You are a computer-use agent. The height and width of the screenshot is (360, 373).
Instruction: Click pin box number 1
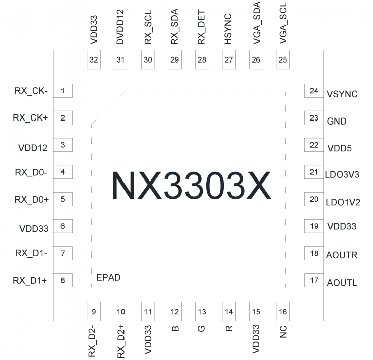(x=63, y=91)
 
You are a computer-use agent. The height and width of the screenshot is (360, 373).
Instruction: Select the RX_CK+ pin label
(x=31, y=118)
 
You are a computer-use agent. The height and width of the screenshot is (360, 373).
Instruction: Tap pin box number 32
(x=94, y=60)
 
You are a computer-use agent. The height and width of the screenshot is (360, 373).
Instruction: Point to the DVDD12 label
(x=120, y=28)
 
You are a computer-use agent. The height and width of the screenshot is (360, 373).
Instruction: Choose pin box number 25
(x=283, y=60)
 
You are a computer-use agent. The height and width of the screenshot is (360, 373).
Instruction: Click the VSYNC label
(x=342, y=94)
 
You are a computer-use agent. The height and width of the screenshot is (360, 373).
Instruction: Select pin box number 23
(x=314, y=118)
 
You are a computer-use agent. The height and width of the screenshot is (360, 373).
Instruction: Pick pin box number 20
(x=314, y=199)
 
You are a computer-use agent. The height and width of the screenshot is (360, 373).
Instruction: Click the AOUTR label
(x=342, y=255)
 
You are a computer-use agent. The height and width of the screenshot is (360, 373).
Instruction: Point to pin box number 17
(x=314, y=280)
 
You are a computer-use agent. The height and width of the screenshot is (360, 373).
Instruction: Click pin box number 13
(x=202, y=311)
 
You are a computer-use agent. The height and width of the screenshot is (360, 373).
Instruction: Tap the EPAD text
(x=108, y=278)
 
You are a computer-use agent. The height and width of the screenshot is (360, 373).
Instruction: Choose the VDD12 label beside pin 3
(x=32, y=148)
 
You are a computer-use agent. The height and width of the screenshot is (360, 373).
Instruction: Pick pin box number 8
(x=63, y=280)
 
